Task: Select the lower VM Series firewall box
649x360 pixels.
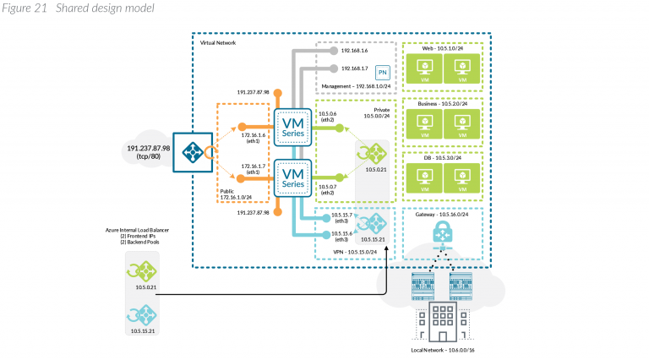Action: click(x=293, y=177)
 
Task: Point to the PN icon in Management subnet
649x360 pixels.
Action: click(x=382, y=74)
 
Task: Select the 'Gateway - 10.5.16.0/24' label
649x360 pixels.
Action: click(x=444, y=215)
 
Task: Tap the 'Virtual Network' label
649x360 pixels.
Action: click(x=219, y=41)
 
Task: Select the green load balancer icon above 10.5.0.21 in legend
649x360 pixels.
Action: click(x=140, y=270)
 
